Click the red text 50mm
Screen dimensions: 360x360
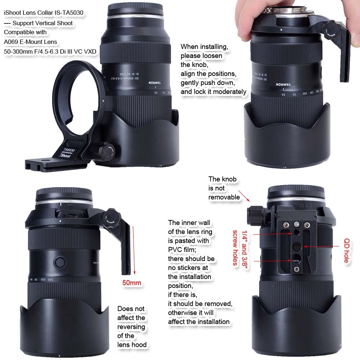132,283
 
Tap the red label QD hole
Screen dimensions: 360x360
347,250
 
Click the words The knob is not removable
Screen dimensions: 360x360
224,188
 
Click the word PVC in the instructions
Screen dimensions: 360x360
176,249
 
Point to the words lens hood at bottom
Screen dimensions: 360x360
132,345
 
